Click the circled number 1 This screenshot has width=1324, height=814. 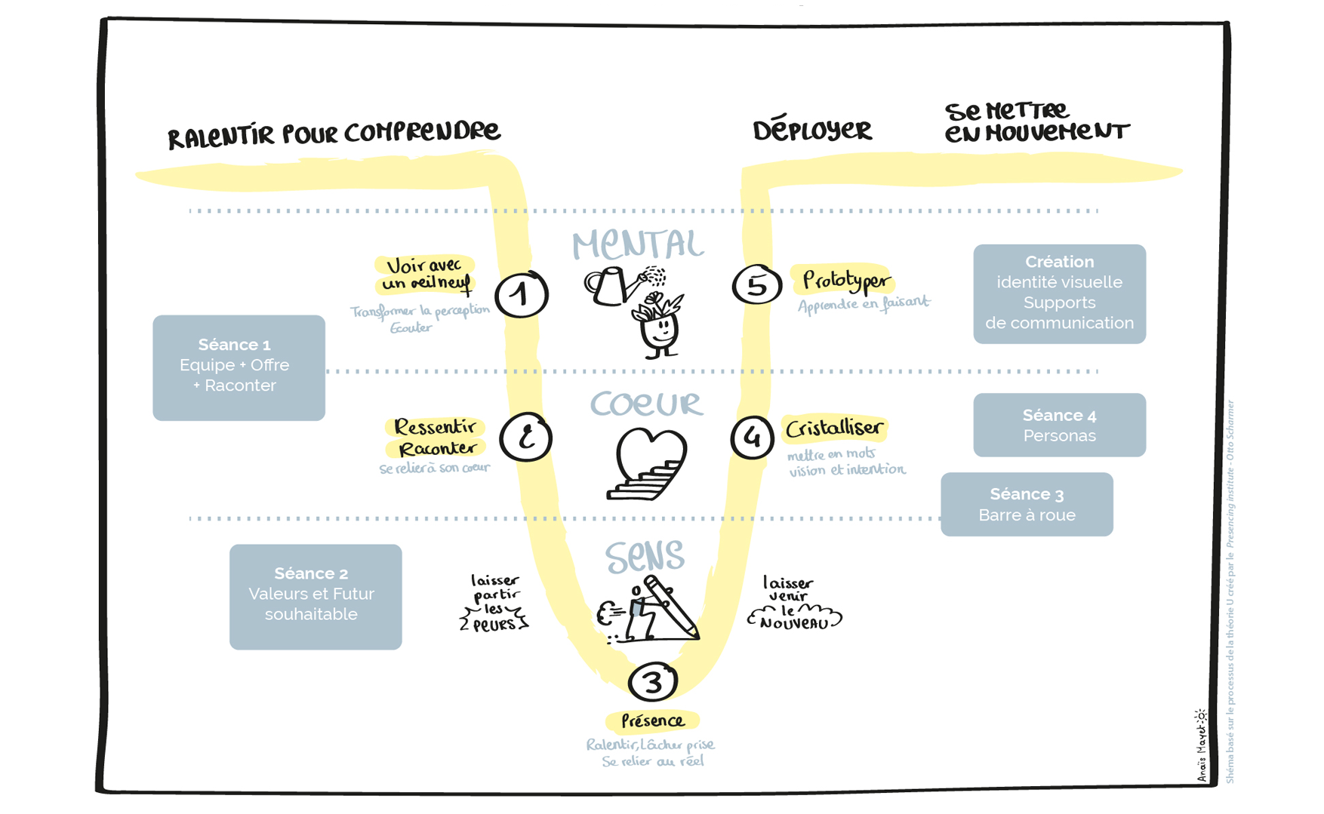(521, 294)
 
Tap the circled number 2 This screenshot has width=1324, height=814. (525, 437)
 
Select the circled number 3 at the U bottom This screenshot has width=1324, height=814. (652, 682)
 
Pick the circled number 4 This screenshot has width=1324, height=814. (752, 437)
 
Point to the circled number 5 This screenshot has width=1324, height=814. (756, 285)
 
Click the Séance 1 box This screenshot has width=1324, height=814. (239, 367)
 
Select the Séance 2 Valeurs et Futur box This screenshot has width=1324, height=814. (316, 597)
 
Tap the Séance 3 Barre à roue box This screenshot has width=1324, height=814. (1027, 504)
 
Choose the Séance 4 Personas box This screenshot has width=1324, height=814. (1059, 425)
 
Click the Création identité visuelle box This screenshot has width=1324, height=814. (1059, 293)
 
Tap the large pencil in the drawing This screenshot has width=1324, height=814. (671, 608)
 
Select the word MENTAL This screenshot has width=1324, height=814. (638, 245)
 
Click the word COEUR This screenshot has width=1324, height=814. (646, 404)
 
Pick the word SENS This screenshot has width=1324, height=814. (645, 557)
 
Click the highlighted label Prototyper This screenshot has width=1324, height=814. (845, 281)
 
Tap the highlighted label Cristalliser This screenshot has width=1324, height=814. (834, 429)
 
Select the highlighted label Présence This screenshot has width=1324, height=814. (652, 721)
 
